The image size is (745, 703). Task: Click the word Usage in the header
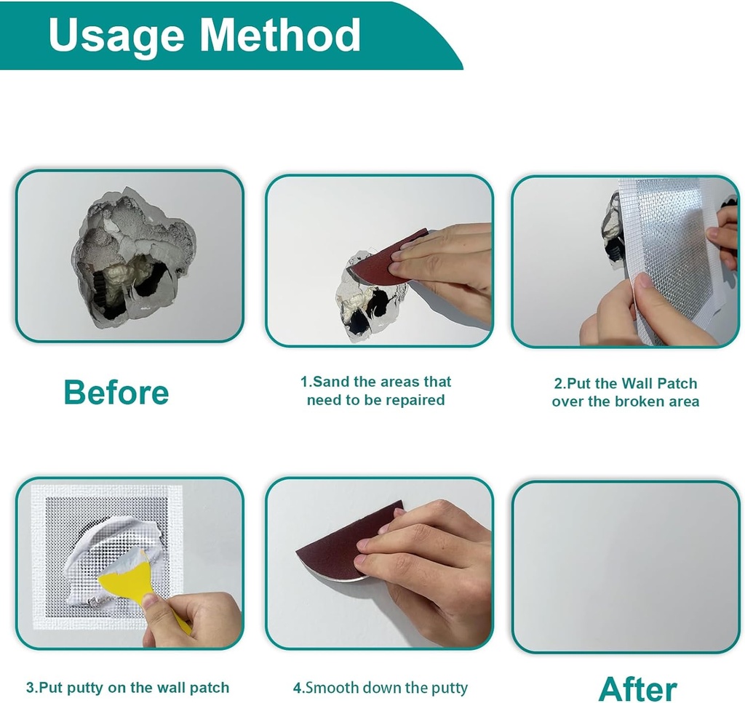tap(116, 36)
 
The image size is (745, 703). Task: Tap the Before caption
tap(116, 393)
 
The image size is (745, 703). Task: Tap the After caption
tap(638, 689)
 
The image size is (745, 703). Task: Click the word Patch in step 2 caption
tap(677, 383)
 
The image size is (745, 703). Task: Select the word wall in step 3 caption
tap(171, 687)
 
